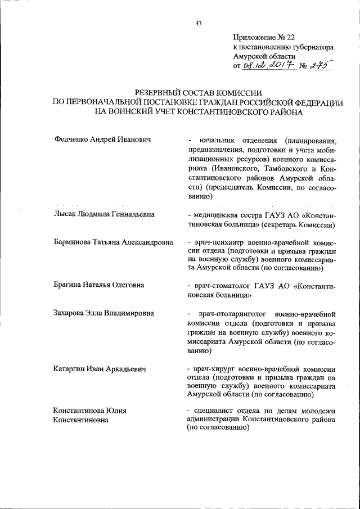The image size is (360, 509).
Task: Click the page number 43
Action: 198,22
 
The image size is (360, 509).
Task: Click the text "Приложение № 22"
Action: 263,38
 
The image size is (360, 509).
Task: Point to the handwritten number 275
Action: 319,66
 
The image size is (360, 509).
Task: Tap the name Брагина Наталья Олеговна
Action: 98,285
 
